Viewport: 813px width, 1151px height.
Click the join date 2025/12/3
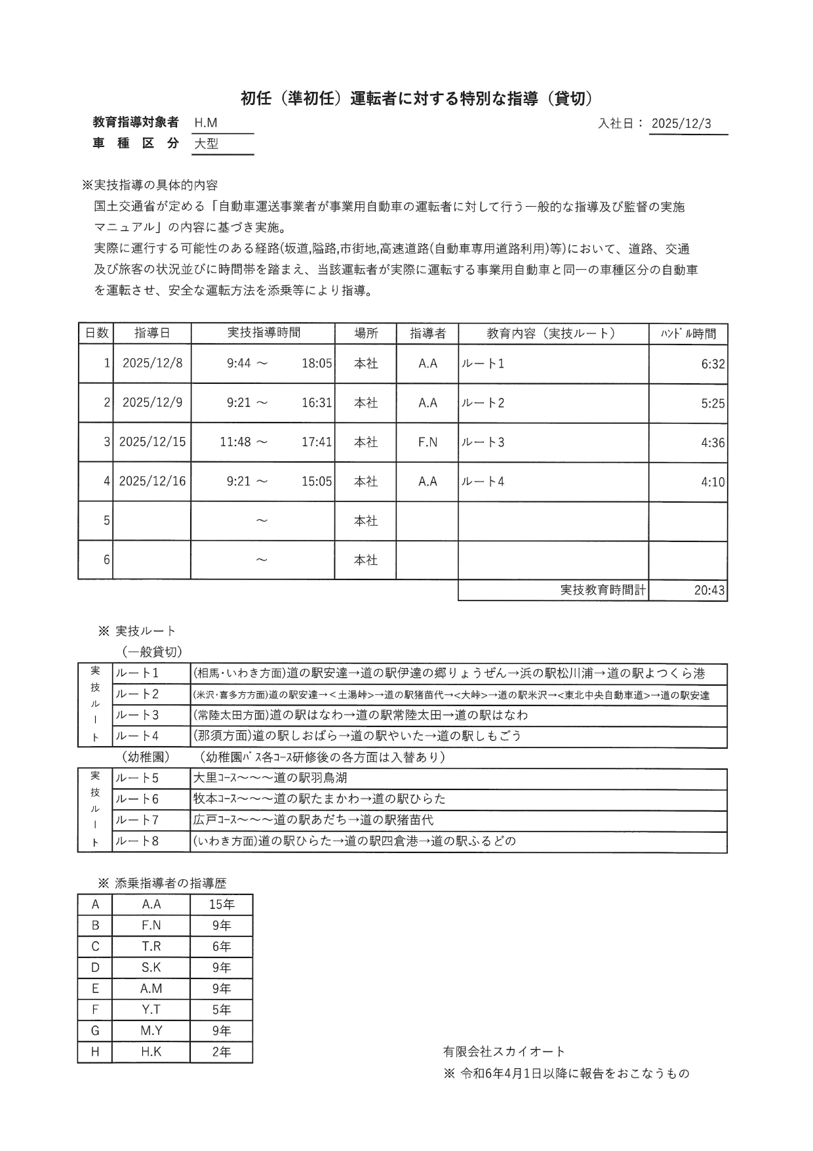click(681, 124)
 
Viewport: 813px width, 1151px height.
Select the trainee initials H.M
click(206, 123)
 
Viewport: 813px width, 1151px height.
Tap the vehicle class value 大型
click(207, 144)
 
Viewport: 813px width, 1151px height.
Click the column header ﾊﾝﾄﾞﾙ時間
click(688, 333)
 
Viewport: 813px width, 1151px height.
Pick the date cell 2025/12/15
click(152, 442)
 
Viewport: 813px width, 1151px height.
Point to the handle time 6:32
click(713, 364)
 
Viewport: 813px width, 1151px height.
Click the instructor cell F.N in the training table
click(427, 442)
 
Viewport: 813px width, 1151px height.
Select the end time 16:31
click(317, 402)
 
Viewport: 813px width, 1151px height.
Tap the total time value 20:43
click(709, 590)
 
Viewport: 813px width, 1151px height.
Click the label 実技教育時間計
click(603, 590)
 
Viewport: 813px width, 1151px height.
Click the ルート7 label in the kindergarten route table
click(137, 820)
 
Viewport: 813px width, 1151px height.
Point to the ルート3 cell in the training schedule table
click(483, 442)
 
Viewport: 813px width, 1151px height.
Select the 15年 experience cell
click(222, 904)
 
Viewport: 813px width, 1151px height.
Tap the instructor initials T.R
click(151, 946)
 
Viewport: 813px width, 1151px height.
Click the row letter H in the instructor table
click(95, 1051)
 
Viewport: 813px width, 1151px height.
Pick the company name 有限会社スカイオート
click(504, 1051)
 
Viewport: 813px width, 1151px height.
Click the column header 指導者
click(427, 333)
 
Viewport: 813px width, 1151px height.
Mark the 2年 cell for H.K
click(222, 1051)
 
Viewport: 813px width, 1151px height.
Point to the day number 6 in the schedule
click(107, 560)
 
